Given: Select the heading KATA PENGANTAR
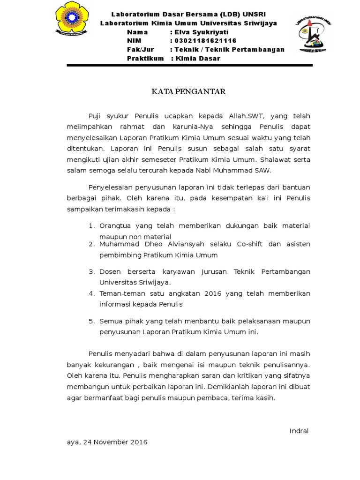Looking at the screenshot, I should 188,91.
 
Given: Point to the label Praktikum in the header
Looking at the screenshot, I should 145,59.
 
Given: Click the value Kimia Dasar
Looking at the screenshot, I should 197,59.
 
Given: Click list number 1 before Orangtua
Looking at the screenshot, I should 92,226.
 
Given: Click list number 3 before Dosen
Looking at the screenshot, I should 92,272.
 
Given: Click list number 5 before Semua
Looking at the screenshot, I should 92,321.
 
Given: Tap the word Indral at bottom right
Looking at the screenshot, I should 299,431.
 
